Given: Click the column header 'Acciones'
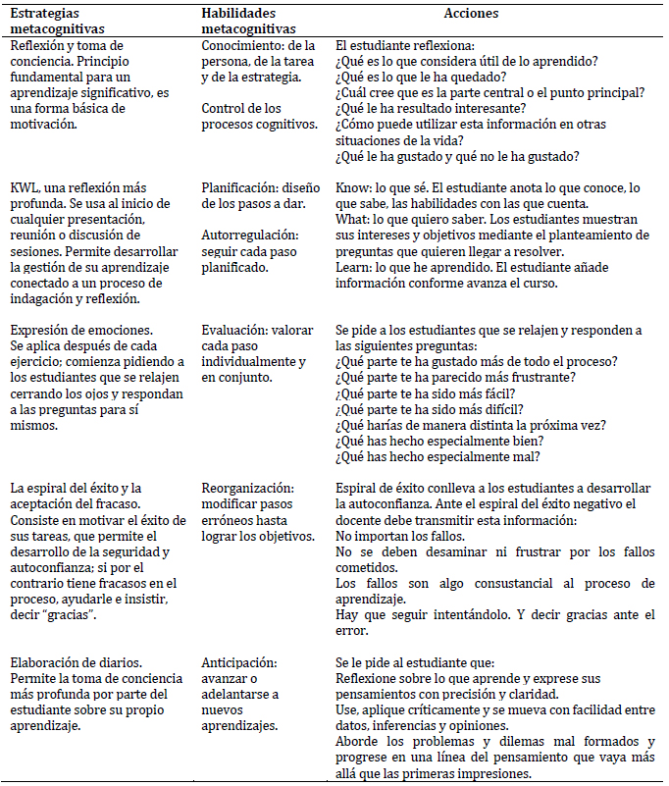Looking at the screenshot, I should (470, 15).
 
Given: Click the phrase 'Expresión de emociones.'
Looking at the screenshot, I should (80, 331).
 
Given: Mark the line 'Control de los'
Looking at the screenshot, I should (241, 109).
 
